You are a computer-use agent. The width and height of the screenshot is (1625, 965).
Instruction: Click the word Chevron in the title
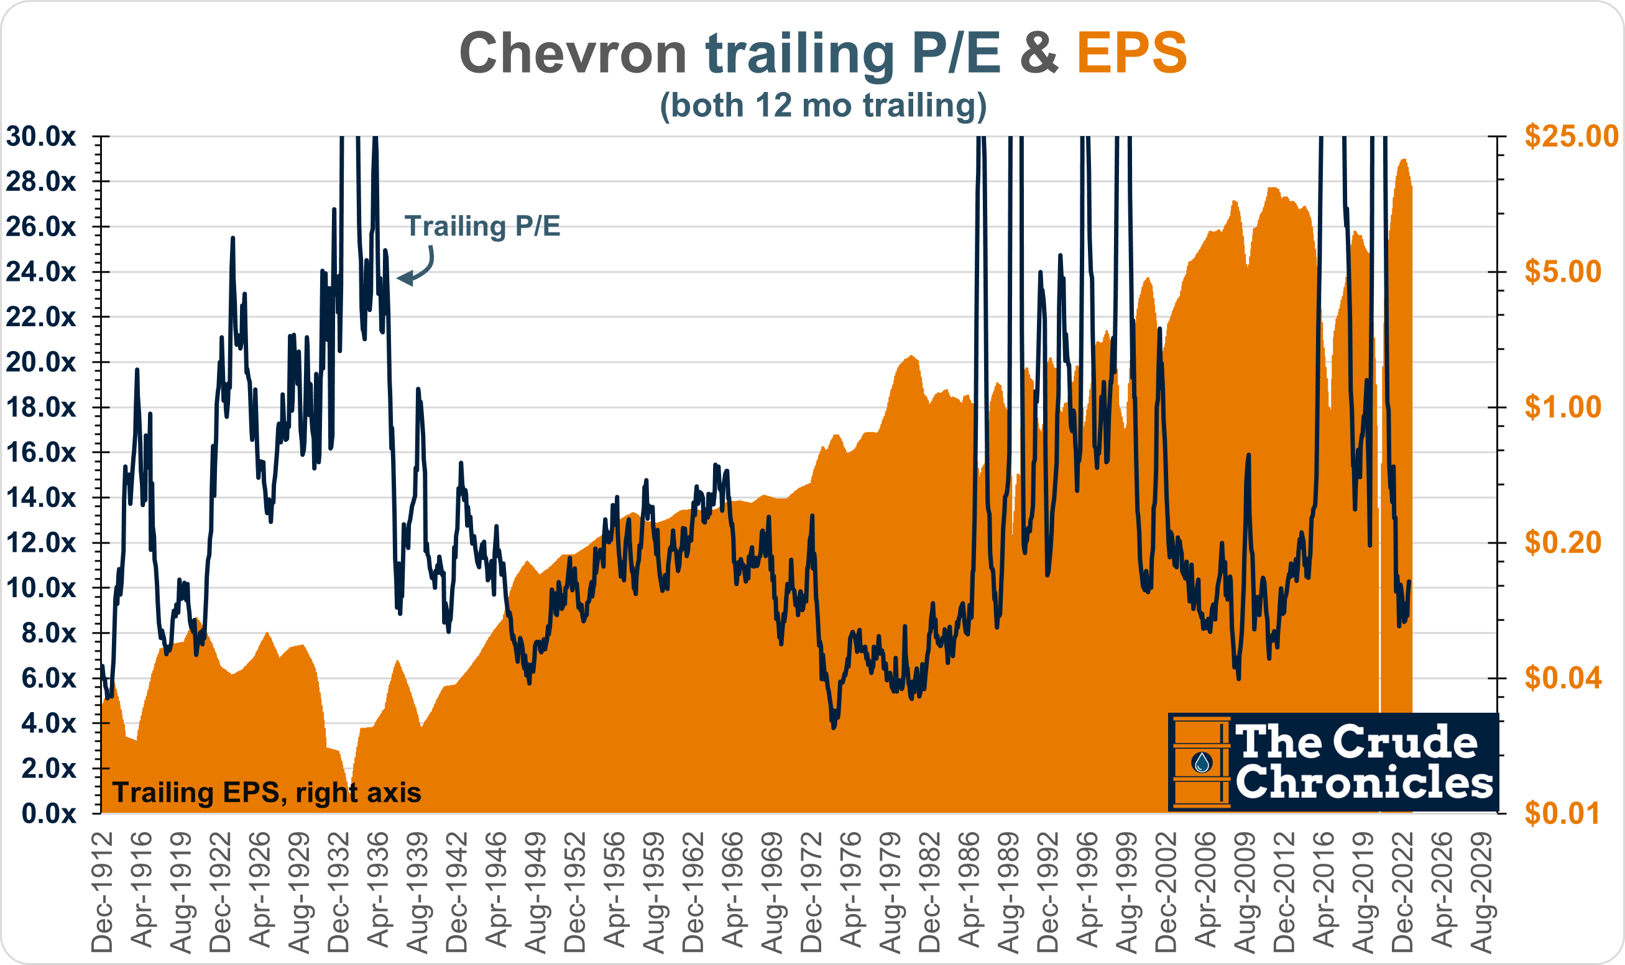coord(573,53)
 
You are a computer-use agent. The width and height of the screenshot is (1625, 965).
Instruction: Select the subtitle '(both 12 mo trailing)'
coord(823,106)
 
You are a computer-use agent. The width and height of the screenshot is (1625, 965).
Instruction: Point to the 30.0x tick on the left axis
coord(40,137)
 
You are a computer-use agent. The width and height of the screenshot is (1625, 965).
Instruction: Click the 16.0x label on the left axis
coord(40,452)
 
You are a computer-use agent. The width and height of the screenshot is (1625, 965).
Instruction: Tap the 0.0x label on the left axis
coord(48,813)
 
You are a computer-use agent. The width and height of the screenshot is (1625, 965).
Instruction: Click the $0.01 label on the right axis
coord(1561,813)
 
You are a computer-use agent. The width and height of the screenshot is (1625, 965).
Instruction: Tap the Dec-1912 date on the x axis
coord(102,892)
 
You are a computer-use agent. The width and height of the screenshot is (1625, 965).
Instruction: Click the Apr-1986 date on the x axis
coord(970,892)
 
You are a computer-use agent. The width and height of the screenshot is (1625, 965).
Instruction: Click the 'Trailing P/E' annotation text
coord(482,226)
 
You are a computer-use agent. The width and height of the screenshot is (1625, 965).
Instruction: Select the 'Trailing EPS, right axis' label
coord(267,793)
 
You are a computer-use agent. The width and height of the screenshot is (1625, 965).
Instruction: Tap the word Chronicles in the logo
coord(1363,782)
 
